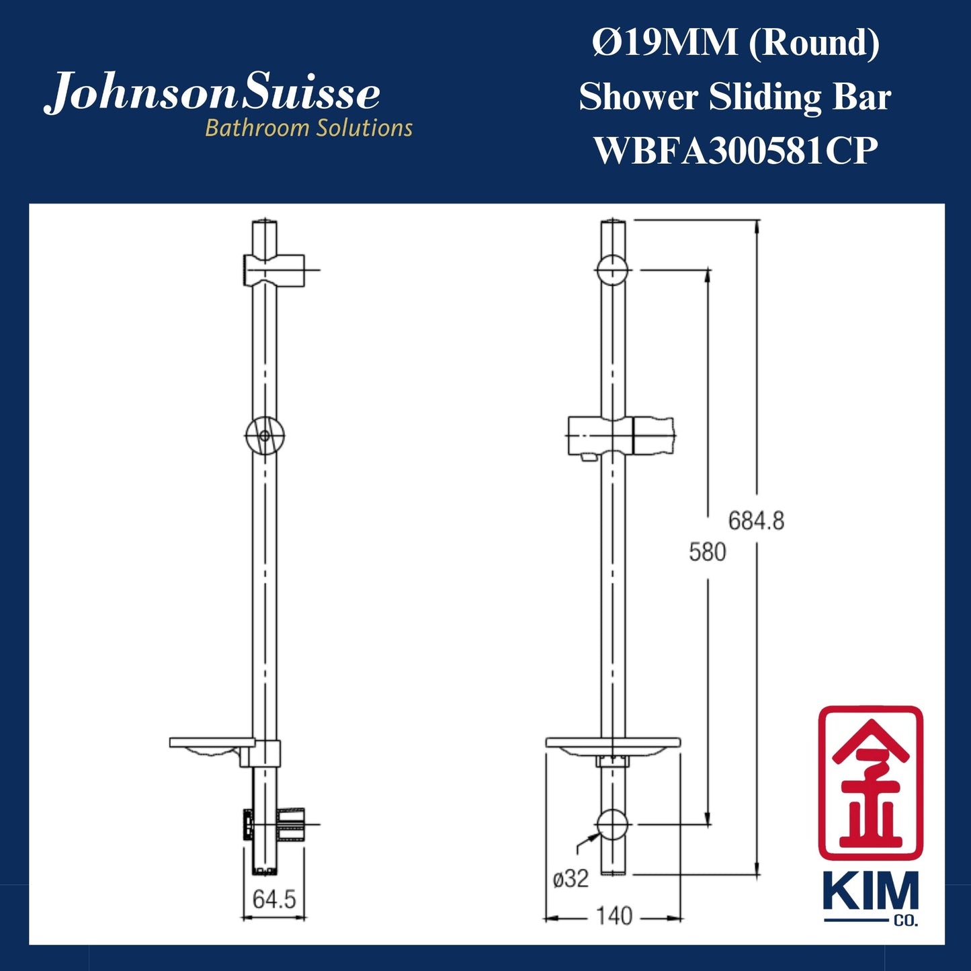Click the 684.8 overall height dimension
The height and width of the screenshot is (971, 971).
[x=756, y=521]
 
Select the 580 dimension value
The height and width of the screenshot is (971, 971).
[x=707, y=552]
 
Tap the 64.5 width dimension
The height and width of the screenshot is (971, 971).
[x=274, y=899]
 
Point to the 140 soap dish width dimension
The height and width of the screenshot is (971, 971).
[x=614, y=915]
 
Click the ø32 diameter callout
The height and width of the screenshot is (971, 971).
[x=571, y=878]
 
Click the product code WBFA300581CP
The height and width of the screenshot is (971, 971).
[x=735, y=151]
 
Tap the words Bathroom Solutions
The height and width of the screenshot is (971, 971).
[x=308, y=128]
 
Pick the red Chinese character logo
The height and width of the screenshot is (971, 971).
[x=870, y=783]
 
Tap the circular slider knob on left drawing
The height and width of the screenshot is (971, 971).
[x=264, y=435]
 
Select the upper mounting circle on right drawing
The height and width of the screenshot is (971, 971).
[x=612, y=270]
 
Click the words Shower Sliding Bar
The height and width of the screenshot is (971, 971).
[x=735, y=97]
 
